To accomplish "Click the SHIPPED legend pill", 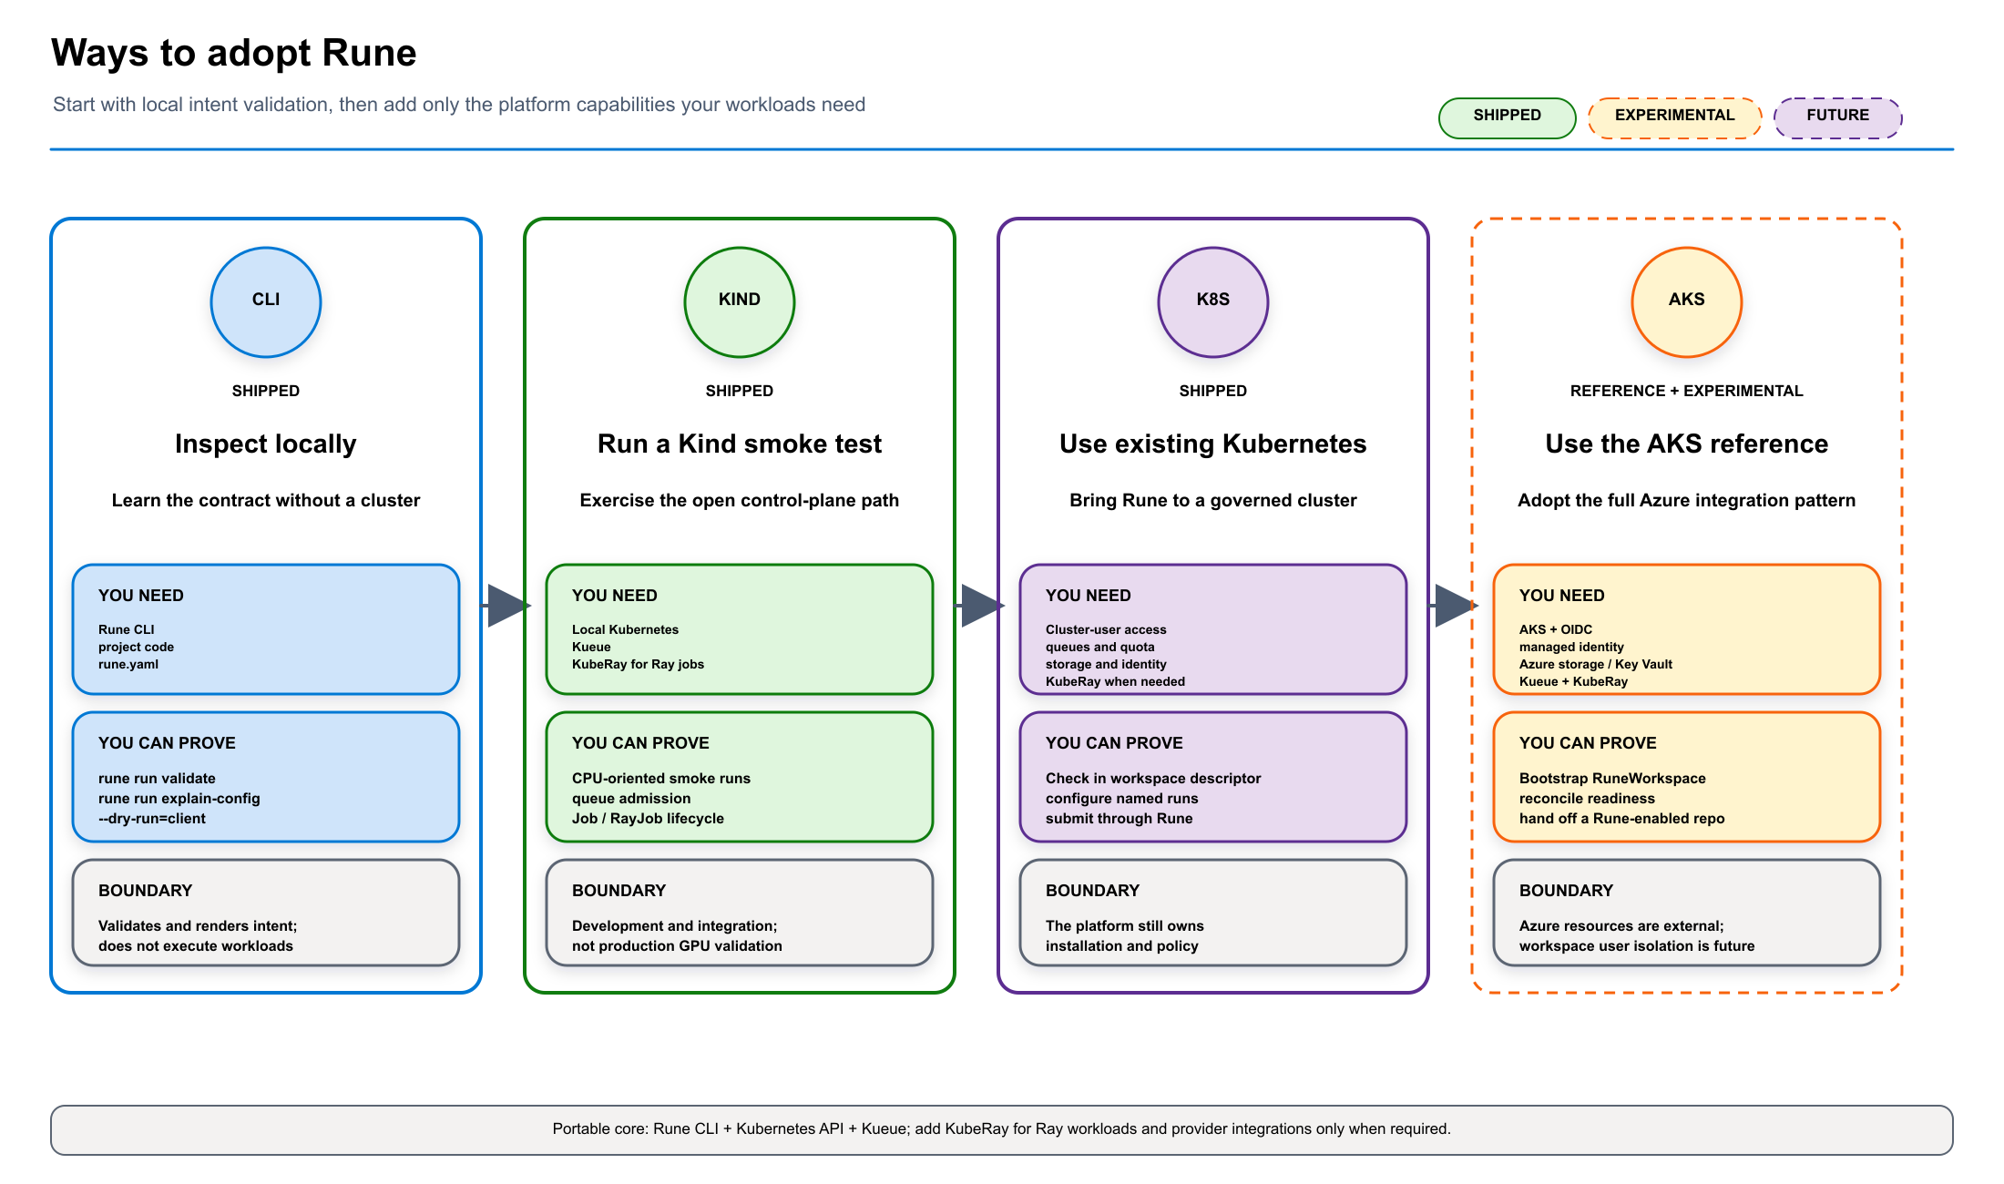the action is [1508, 117].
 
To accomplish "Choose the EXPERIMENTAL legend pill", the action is [1675, 117].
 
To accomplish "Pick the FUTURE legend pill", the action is [1838, 117].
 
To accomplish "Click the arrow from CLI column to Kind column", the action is [506, 606].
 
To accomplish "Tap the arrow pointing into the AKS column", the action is [1453, 606].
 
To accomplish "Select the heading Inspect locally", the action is [266, 444].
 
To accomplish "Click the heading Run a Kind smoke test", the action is [740, 444].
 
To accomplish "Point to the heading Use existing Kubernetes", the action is [1213, 444].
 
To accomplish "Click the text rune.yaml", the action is [128, 664].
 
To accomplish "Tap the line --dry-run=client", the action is [152, 818].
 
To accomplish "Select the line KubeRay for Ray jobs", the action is [638, 664].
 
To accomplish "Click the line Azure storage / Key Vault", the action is [1596, 664].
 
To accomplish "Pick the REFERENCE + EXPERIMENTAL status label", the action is [1687, 391].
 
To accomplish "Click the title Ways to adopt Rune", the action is [234, 53].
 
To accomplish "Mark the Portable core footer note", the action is [1002, 1129].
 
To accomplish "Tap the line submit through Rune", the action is [1120, 818].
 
